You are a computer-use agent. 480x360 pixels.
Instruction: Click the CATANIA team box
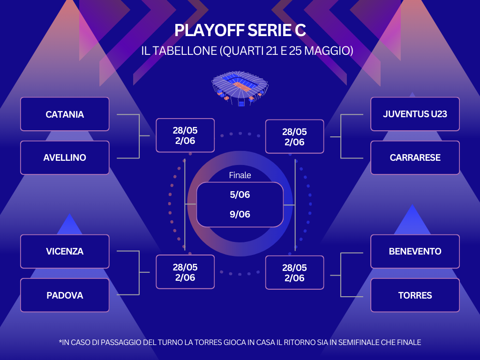pyautogui.click(x=65, y=114)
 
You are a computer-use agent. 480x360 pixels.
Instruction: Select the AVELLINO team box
pyautogui.click(x=65, y=157)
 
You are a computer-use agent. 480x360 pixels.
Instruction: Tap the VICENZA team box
pyautogui.click(x=65, y=251)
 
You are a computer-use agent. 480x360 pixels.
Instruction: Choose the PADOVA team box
pyautogui.click(x=65, y=295)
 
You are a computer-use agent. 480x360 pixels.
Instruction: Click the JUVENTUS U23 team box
pyautogui.click(x=415, y=114)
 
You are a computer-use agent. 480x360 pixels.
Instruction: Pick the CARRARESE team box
pyautogui.click(x=415, y=157)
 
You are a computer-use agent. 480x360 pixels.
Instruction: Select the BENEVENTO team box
pyautogui.click(x=415, y=251)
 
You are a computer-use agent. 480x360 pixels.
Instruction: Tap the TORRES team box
pyautogui.click(x=415, y=295)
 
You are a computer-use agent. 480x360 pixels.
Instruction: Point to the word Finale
pyautogui.click(x=240, y=175)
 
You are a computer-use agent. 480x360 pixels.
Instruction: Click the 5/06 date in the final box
pyautogui.click(x=240, y=195)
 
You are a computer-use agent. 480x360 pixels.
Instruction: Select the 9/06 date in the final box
pyautogui.click(x=240, y=214)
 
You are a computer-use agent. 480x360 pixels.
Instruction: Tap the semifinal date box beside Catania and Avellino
pyautogui.click(x=185, y=135)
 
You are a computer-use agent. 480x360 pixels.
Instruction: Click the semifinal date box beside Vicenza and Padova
pyautogui.click(x=185, y=272)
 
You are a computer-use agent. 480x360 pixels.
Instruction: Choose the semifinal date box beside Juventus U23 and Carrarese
pyautogui.click(x=294, y=136)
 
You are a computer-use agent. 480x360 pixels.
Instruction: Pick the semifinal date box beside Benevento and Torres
pyautogui.click(x=294, y=273)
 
